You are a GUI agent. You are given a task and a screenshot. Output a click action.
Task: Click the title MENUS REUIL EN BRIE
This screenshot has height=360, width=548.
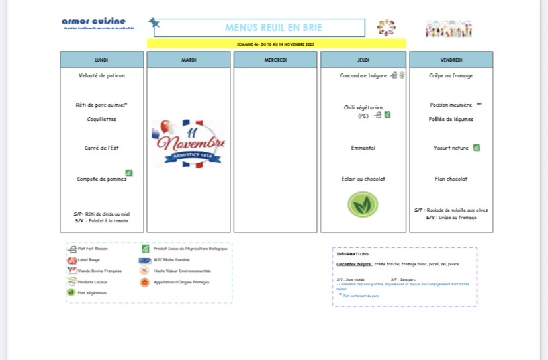(259, 28)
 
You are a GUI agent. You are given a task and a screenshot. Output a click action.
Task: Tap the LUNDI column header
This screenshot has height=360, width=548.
(101, 60)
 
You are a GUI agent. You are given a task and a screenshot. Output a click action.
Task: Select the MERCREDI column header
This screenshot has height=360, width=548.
(275, 60)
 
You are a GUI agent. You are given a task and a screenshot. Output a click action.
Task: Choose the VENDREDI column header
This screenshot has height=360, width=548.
(451, 60)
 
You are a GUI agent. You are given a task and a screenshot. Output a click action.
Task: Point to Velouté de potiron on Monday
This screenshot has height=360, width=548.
(101, 75)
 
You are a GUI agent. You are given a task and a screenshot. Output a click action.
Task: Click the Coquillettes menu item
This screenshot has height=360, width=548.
(101, 119)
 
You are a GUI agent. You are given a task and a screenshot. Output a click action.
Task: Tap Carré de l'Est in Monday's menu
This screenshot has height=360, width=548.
(101, 148)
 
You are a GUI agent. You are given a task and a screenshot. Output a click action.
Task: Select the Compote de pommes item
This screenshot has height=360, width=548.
(101, 179)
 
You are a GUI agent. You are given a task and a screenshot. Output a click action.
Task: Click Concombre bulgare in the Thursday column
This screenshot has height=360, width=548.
(363, 75)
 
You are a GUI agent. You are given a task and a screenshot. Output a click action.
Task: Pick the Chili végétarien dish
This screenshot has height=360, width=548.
(363, 107)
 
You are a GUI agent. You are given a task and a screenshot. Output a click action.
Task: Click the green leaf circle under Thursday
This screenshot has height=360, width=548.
(363, 204)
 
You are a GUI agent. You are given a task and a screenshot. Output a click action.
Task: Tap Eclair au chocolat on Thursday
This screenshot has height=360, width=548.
(363, 179)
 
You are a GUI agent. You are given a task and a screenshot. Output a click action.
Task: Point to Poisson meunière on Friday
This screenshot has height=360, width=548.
(451, 105)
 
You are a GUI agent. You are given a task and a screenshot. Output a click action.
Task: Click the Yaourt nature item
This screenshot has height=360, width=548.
(451, 148)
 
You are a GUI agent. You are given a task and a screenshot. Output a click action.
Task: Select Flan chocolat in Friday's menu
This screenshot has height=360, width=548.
(451, 179)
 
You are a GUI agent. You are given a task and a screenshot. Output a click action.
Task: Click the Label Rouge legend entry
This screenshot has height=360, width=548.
(88, 260)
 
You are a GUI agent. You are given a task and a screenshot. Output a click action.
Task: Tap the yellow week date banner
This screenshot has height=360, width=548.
(276, 44)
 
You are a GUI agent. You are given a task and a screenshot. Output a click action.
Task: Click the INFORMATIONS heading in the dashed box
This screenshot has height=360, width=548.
(353, 254)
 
